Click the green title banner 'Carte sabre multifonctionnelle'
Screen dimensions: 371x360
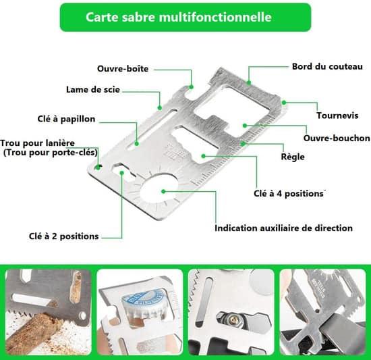[x=185, y=17]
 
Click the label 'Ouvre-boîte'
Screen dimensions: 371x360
[x=123, y=69]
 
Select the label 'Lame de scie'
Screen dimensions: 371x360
[x=93, y=90]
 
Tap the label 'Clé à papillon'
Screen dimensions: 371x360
[x=66, y=119]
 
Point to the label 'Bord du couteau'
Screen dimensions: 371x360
[x=327, y=66]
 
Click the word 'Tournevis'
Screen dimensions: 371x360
[x=337, y=115]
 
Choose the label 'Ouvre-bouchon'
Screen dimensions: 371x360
[x=337, y=138]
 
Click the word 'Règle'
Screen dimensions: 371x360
[x=293, y=157]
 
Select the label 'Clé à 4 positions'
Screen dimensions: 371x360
[x=289, y=193]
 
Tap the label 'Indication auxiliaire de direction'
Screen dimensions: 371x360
[x=283, y=228]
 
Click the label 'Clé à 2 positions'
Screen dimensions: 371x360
[x=63, y=236]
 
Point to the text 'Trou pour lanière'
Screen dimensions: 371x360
[x=37, y=143]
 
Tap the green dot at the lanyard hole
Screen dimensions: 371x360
[x=98, y=168]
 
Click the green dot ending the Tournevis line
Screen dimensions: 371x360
[x=284, y=103]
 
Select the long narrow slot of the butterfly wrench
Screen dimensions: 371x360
[x=152, y=130]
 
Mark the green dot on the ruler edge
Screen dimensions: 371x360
[x=243, y=143]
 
